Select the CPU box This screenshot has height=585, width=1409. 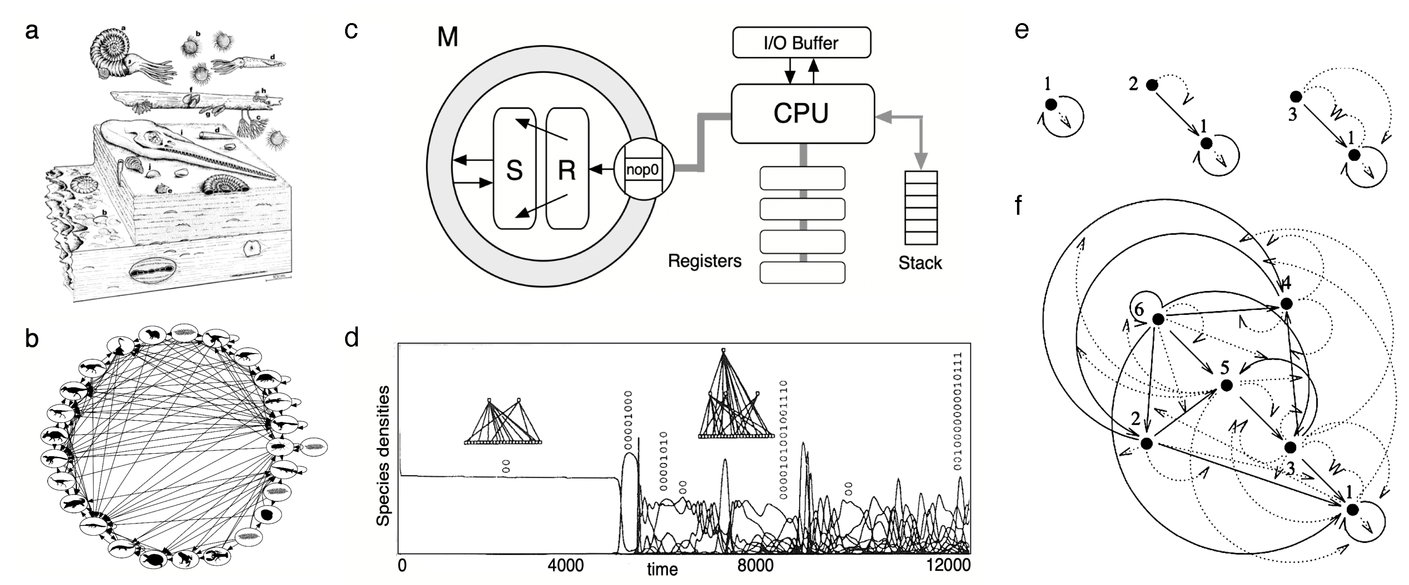(802, 113)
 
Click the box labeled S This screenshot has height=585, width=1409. (514, 169)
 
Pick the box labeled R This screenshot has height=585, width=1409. (567, 169)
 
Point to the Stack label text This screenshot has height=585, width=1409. (920, 263)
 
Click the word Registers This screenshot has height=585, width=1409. (704, 261)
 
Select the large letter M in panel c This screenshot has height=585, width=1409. (447, 37)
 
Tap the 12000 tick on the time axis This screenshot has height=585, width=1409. (949, 565)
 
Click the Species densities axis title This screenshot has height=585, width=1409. (383, 455)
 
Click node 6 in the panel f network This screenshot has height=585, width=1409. (1157, 320)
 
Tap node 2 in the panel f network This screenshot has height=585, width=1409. (1147, 443)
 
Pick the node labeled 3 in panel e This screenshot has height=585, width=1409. (1296, 97)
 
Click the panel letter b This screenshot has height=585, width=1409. (32, 339)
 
